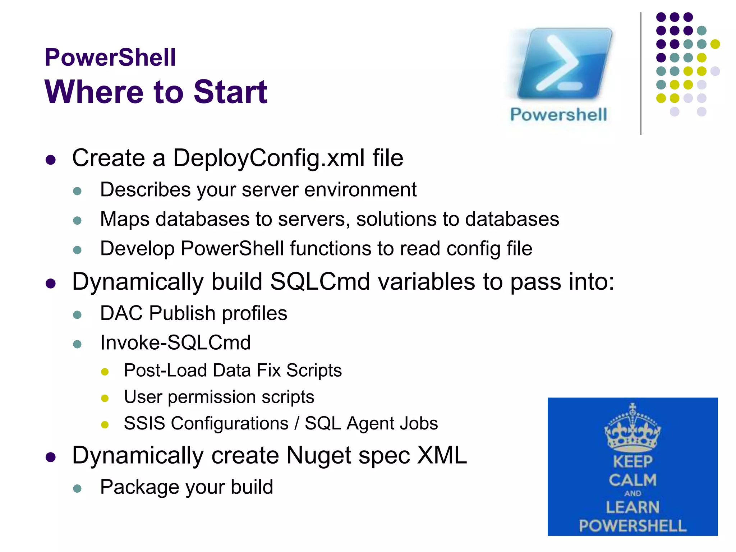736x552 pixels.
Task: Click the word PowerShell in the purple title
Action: [x=110, y=57]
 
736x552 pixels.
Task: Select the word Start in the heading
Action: [x=230, y=92]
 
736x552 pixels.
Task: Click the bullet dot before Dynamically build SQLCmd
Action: [x=51, y=284]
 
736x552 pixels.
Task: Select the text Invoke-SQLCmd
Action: [x=175, y=342]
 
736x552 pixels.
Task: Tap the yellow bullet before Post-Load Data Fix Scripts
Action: [x=105, y=372]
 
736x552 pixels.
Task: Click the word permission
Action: [x=211, y=397]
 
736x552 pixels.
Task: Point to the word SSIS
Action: [x=144, y=423]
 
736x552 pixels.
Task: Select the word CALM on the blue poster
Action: [x=632, y=480]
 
